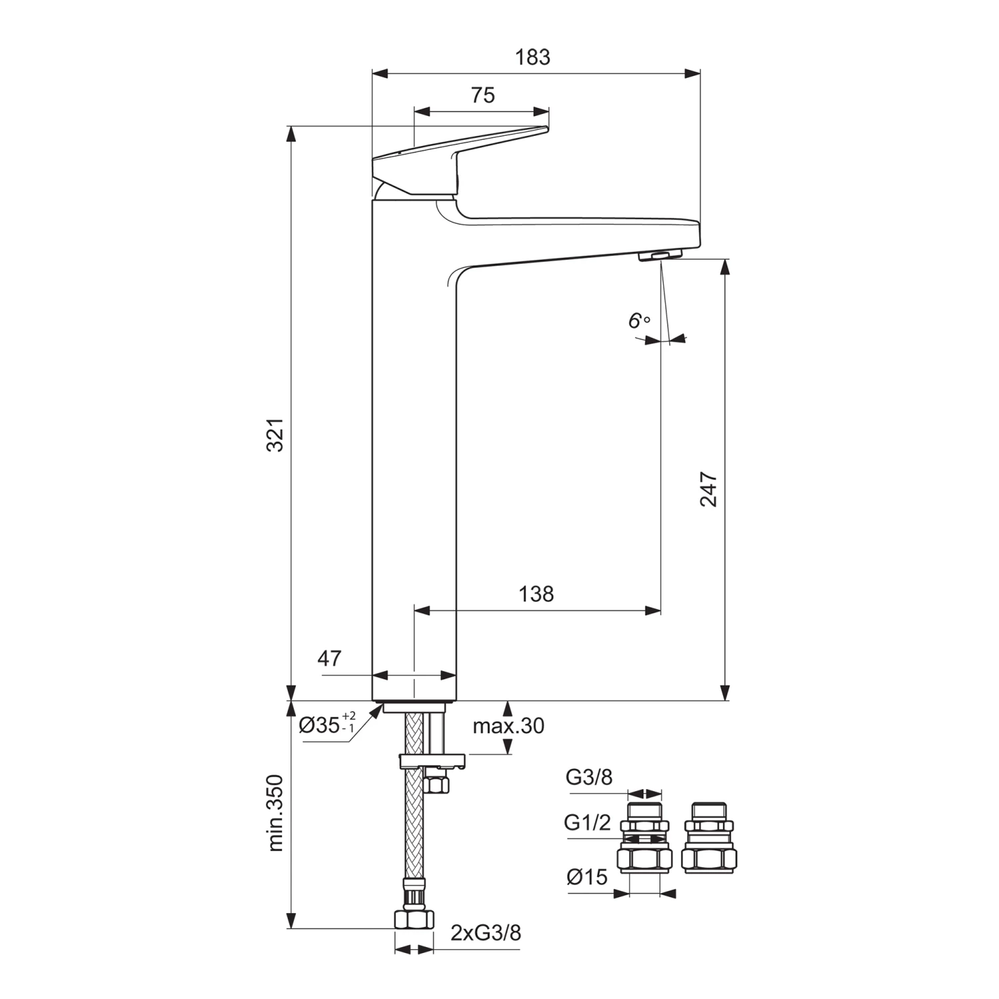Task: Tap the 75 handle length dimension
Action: (483, 96)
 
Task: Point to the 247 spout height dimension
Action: (709, 490)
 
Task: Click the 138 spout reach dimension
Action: (536, 593)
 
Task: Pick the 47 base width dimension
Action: (329, 659)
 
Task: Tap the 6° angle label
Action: (639, 321)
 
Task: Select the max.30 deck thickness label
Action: (508, 726)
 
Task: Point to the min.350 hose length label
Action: (276, 813)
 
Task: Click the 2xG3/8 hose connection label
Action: (486, 933)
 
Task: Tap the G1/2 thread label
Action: (587, 823)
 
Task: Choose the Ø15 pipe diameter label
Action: (587, 877)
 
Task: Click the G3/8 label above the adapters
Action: (589, 777)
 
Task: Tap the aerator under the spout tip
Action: (661, 256)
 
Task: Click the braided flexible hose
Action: (414, 832)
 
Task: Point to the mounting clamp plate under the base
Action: (433, 761)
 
